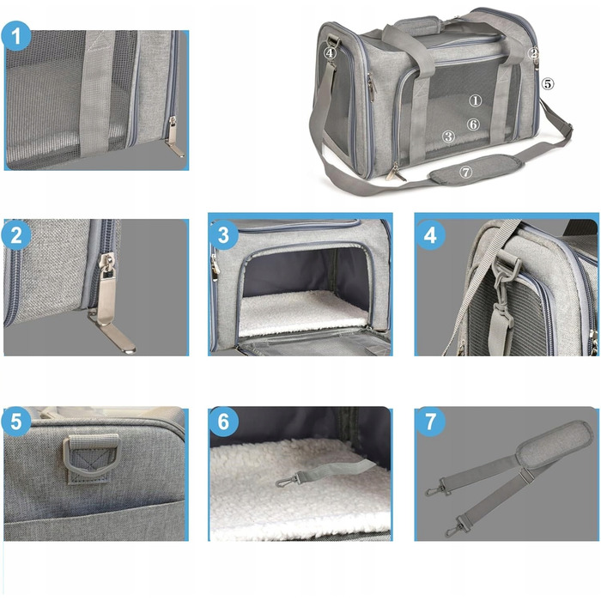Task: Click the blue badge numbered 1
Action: click(16, 36)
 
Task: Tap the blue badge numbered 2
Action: click(16, 235)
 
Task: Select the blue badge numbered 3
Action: click(223, 235)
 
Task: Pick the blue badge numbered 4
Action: click(430, 235)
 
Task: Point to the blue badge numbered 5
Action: click(16, 422)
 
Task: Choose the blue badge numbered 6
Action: click(223, 422)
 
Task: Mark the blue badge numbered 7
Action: click(430, 422)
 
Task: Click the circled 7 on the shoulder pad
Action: click(465, 173)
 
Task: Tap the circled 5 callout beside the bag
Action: click(548, 83)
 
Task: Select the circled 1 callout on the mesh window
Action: click(476, 100)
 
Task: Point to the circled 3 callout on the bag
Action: click(448, 137)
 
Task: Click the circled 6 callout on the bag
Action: click(473, 124)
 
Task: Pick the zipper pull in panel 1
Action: click(175, 137)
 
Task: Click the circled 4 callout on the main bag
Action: click(330, 52)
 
